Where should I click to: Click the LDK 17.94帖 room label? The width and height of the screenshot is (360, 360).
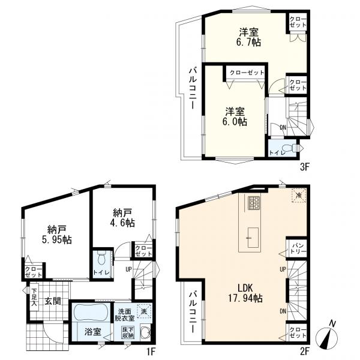245,293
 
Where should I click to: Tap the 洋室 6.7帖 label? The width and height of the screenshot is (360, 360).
250,37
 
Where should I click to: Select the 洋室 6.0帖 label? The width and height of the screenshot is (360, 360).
235,116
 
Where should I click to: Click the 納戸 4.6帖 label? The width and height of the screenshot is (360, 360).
124,217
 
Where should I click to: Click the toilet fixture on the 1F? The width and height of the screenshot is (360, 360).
101,259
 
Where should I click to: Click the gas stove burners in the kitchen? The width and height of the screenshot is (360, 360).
254,203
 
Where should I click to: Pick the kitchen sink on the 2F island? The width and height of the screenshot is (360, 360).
253,238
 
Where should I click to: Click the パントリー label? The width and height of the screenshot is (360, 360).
298,248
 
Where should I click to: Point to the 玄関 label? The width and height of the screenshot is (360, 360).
53,301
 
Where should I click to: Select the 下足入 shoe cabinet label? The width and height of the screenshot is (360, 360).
34,297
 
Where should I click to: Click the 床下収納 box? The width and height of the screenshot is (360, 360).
128,333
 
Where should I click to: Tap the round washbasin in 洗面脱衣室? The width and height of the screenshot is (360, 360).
145,332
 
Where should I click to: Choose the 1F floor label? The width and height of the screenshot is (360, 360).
152,351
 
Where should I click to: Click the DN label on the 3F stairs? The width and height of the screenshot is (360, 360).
283,127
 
